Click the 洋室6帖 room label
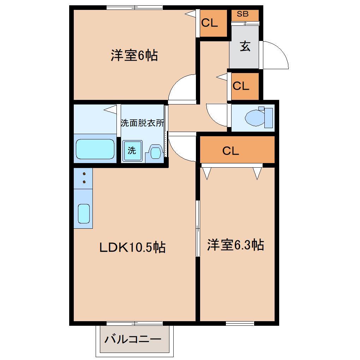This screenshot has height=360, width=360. (134, 56)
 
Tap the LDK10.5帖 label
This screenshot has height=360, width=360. (132, 247)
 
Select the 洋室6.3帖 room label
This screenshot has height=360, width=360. (235, 245)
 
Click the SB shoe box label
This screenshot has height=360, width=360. (242, 14)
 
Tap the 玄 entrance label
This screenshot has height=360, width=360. (245, 46)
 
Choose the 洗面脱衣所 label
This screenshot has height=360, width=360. (142, 123)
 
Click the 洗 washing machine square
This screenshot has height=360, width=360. (132, 151)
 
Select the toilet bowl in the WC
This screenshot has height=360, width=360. (256, 117)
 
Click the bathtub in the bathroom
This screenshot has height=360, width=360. (95, 149)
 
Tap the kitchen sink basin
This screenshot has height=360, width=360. (83, 214)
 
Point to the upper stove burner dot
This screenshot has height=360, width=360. (84, 174)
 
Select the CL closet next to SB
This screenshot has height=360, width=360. (210, 23)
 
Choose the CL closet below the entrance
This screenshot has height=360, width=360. (241, 86)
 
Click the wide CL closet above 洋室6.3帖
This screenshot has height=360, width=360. (230, 151)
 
